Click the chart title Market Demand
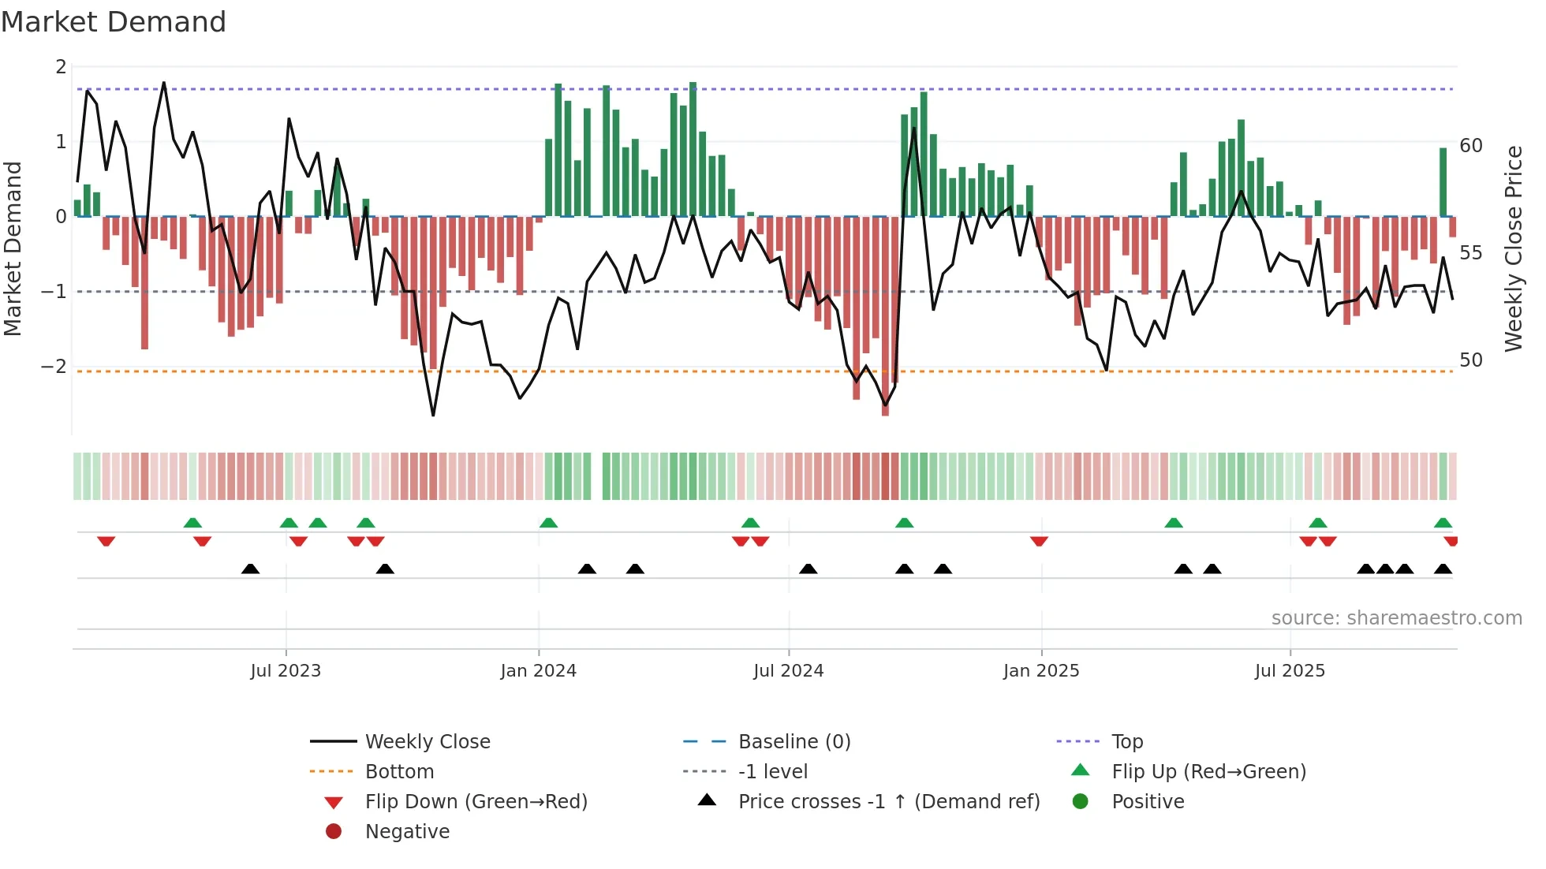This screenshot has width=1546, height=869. (x=114, y=22)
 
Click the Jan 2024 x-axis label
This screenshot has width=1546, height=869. (x=538, y=670)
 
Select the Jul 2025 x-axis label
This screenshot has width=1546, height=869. (x=1290, y=670)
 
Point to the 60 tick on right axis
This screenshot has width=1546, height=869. (x=1471, y=146)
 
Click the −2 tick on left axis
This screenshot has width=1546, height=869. (x=54, y=367)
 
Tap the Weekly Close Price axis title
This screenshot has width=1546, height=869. (x=1513, y=248)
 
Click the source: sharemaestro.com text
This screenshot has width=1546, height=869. (x=1396, y=617)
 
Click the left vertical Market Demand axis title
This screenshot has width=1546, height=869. (x=13, y=248)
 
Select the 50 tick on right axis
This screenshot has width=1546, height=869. (x=1471, y=360)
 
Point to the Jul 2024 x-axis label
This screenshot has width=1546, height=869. (x=788, y=670)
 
